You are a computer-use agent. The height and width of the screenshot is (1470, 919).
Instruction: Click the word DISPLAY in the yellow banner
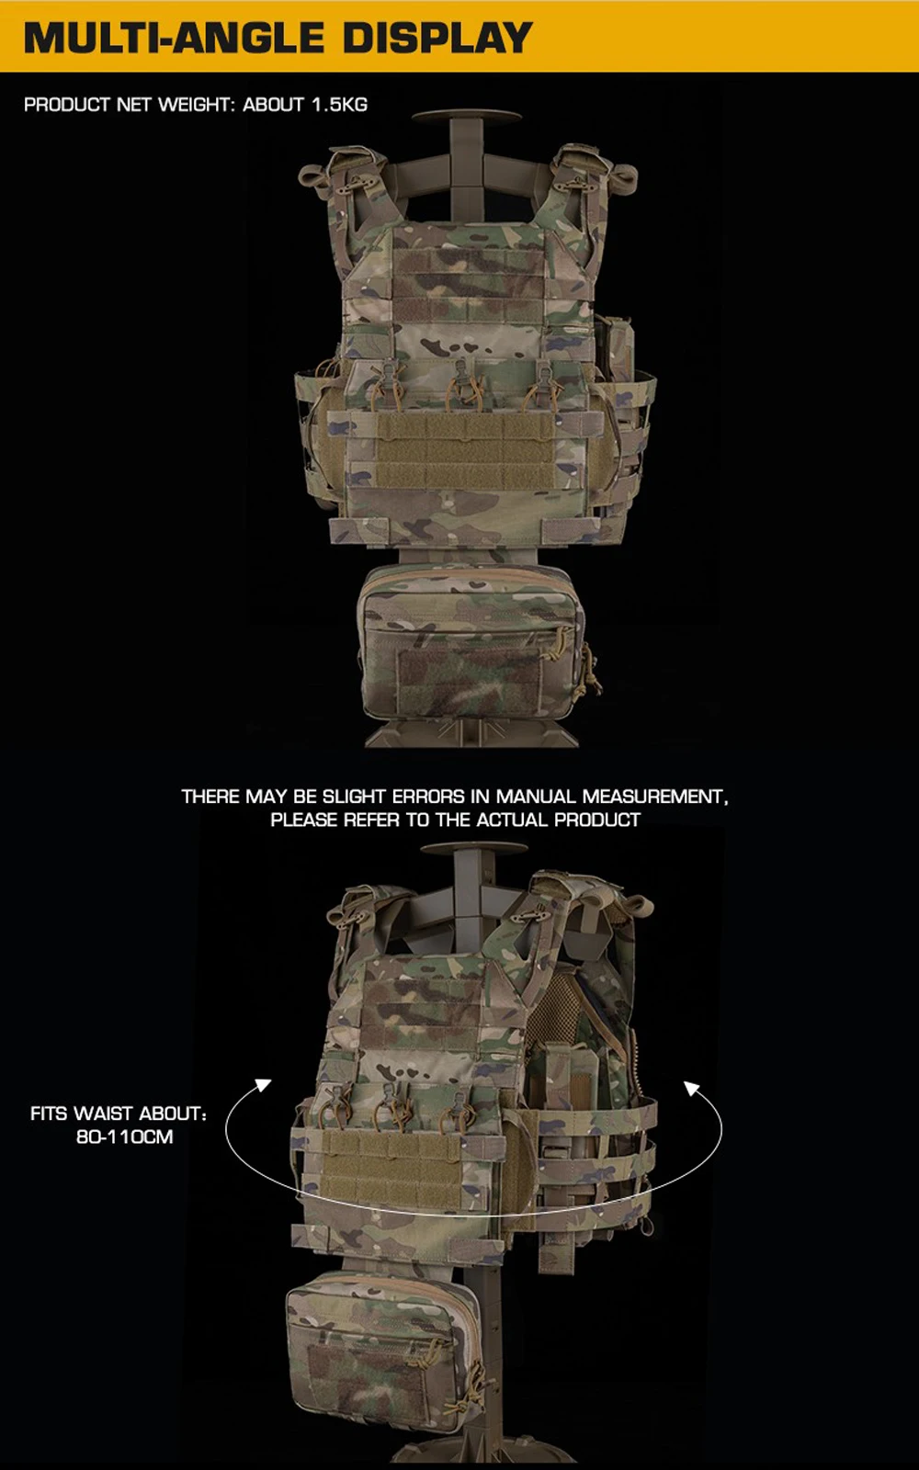coord(437,38)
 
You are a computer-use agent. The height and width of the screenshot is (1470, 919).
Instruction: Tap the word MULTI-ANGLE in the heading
coord(174,38)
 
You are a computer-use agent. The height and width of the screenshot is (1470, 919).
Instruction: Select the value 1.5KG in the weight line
coord(339,105)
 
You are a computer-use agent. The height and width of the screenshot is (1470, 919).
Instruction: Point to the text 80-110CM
coord(125,1136)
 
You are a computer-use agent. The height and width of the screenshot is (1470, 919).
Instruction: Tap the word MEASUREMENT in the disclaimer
coord(654,796)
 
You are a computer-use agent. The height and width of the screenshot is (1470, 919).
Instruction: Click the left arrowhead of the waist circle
coord(263,1085)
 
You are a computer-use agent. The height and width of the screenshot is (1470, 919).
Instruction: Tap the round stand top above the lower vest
coord(474,849)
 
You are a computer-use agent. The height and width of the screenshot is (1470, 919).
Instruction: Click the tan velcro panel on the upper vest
coord(464,451)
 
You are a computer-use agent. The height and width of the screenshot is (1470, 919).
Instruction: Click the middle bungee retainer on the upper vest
coord(463,386)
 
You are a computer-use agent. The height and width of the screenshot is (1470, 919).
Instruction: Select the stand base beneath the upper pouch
coord(471,733)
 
